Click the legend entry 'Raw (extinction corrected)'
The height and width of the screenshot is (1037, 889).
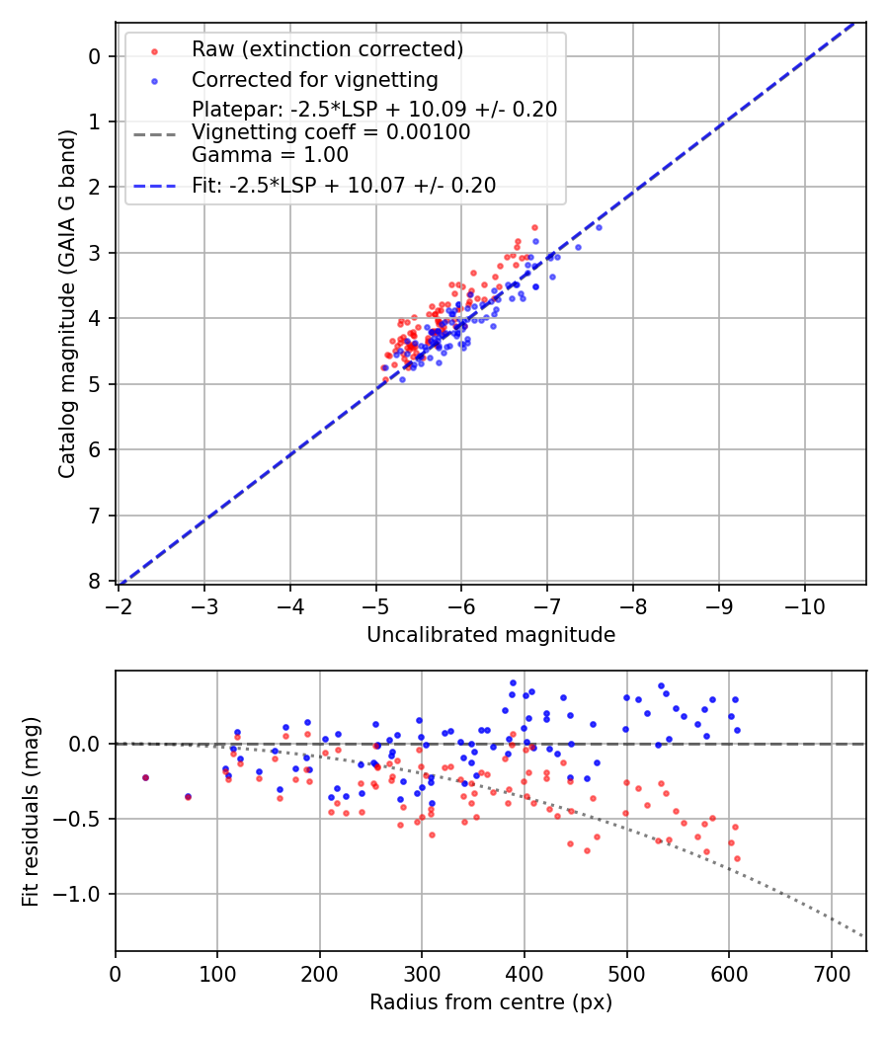point(327,49)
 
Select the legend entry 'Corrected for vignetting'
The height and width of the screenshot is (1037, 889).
point(314,79)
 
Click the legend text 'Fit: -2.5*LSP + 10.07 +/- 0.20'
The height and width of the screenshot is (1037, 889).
point(344,186)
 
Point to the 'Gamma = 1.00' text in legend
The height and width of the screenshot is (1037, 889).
point(270,155)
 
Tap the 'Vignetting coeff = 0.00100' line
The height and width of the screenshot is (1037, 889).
point(331,132)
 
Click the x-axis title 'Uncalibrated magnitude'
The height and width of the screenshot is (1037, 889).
point(491,635)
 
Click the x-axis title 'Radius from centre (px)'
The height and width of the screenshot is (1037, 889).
point(491,1002)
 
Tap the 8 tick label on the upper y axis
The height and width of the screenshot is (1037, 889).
point(95,581)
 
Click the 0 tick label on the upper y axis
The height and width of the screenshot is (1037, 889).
point(95,56)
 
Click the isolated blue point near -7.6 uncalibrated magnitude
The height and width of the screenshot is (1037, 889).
point(599,227)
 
